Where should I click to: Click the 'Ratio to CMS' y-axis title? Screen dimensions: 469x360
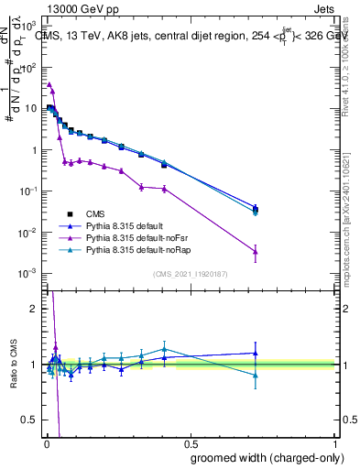(x=13, y=366)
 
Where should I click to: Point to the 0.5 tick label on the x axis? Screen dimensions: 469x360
(x=190, y=443)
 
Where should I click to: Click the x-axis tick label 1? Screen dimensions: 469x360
(x=335, y=443)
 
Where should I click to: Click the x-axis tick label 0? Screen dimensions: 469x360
(x=44, y=443)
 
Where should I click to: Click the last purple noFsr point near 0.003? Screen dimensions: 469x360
(x=256, y=251)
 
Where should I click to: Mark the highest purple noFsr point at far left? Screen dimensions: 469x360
(x=49, y=84)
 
